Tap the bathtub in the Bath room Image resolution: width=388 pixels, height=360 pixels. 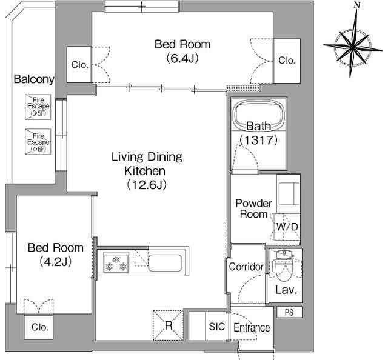tap(259, 115)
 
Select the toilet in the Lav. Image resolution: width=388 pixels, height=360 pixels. tap(284, 266)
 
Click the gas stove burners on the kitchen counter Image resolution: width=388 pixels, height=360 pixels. tap(116, 262)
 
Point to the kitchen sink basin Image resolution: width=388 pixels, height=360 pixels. tap(165, 262)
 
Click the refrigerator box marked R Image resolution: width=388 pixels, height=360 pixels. tap(168, 325)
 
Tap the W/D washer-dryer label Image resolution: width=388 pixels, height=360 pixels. tap(287, 227)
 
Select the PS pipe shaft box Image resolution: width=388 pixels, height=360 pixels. tap(289, 312)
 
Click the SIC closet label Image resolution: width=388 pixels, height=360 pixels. tap(217, 327)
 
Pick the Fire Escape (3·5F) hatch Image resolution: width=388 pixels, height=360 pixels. tap(38, 107)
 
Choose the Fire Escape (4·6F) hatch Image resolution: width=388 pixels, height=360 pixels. tap(38, 142)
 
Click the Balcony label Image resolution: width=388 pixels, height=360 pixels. tap(34, 79)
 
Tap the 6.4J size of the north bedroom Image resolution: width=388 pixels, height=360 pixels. tap(182, 58)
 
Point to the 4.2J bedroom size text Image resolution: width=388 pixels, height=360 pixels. tap(55, 261)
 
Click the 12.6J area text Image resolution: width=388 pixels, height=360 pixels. tap(146, 185)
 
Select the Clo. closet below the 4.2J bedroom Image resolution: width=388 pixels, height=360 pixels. tap(39, 327)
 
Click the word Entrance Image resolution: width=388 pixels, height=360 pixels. tap(252, 328)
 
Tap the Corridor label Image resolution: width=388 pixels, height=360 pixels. tap(246, 267)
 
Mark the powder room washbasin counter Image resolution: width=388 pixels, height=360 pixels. tap(289, 194)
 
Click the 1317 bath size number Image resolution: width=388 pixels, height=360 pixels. tap(259, 140)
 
